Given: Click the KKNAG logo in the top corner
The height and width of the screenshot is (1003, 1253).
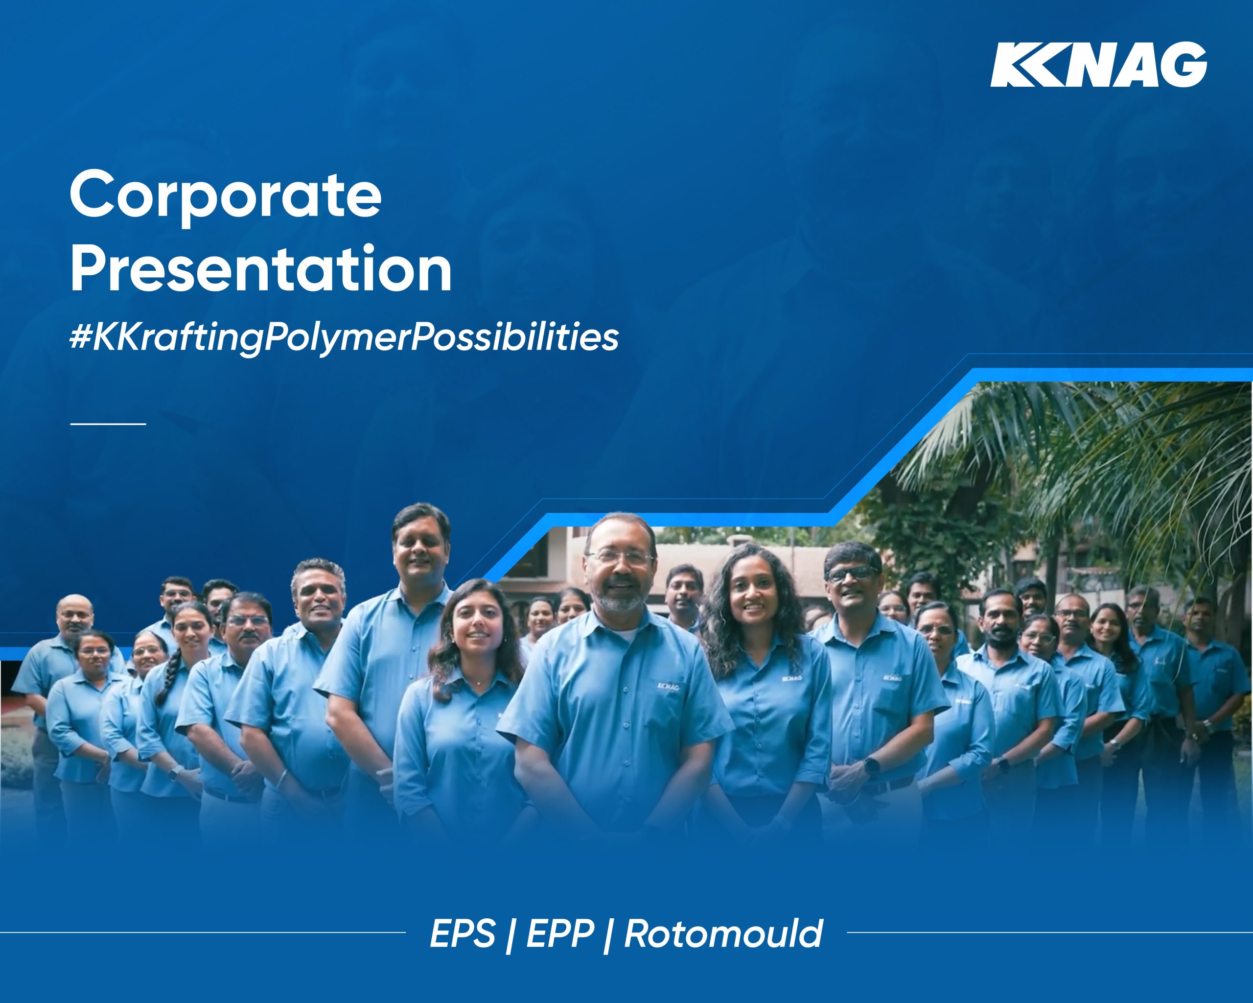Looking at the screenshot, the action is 1098,65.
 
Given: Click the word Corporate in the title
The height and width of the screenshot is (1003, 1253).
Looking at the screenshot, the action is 226,195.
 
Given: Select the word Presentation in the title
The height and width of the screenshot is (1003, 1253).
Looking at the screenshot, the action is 261,269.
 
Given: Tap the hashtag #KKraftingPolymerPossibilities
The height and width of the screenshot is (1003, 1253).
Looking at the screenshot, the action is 344,337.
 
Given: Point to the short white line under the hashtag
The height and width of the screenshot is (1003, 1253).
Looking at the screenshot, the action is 108,424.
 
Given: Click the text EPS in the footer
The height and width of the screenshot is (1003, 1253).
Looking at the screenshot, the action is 463,934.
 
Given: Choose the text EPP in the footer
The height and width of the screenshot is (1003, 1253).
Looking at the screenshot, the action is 560,934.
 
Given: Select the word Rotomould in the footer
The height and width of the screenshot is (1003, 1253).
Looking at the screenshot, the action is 723,934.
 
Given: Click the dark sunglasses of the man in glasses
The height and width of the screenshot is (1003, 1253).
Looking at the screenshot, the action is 852,574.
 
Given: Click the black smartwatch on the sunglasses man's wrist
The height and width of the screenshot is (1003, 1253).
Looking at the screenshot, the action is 872,766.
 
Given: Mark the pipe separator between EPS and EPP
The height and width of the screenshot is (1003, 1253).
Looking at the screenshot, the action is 510,935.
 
